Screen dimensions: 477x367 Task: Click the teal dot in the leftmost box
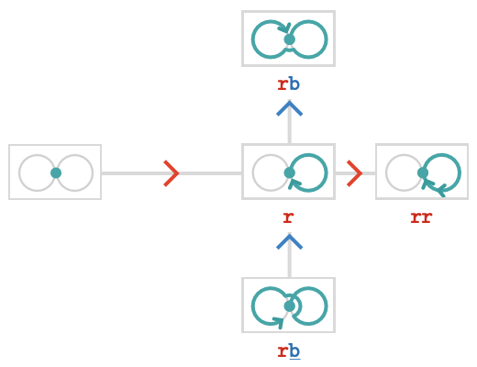click(x=56, y=173)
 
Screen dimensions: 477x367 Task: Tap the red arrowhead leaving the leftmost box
click(x=172, y=173)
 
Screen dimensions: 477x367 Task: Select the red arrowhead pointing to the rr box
click(x=355, y=173)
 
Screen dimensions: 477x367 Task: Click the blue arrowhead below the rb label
click(x=289, y=108)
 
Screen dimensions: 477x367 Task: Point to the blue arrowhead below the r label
click(x=289, y=241)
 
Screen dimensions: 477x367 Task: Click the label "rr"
click(x=421, y=217)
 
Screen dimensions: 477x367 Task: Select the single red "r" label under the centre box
click(x=288, y=217)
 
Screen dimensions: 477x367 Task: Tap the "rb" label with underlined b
click(x=289, y=351)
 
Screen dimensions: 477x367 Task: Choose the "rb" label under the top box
click(x=289, y=84)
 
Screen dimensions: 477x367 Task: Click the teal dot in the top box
click(x=289, y=39)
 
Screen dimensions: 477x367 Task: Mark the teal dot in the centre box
click(x=289, y=172)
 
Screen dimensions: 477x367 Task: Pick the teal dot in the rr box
click(x=423, y=172)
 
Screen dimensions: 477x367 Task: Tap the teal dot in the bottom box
click(x=289, y=306)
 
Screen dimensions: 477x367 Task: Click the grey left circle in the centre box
click(x=253, y=172)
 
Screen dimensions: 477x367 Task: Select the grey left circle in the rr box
click(x=386, y=172)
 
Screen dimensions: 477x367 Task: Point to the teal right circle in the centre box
click(x=327, y=172)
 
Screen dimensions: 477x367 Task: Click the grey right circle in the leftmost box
click(x=93, y=173)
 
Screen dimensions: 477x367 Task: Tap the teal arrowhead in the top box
click(x=285, y=28)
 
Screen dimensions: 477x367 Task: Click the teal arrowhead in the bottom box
click(x=278, y=322)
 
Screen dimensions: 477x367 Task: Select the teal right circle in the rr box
click(x=460, y=172)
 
